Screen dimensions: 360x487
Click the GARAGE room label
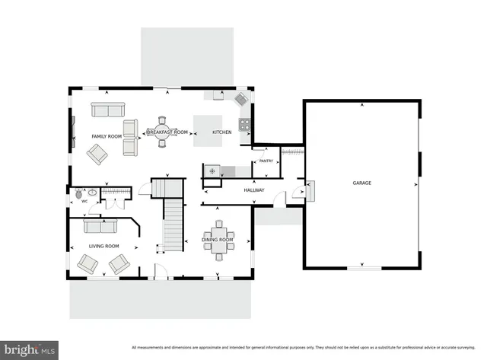361,183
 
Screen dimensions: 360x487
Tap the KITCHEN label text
221,132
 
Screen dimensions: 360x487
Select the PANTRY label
266,161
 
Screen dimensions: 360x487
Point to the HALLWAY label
253,190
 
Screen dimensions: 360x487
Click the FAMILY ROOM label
107,136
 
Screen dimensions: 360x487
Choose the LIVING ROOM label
103,246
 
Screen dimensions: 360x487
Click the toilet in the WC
78,193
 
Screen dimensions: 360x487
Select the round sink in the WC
91,193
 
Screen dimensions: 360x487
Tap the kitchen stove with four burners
246,124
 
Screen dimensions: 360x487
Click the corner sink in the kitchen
241,100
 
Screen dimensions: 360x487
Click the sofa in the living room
100,226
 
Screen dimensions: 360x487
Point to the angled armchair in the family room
97,155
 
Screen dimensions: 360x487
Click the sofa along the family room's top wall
107,110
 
